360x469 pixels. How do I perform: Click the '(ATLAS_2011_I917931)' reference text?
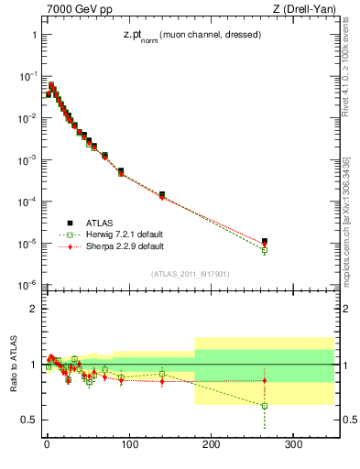[x=191, y=273]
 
